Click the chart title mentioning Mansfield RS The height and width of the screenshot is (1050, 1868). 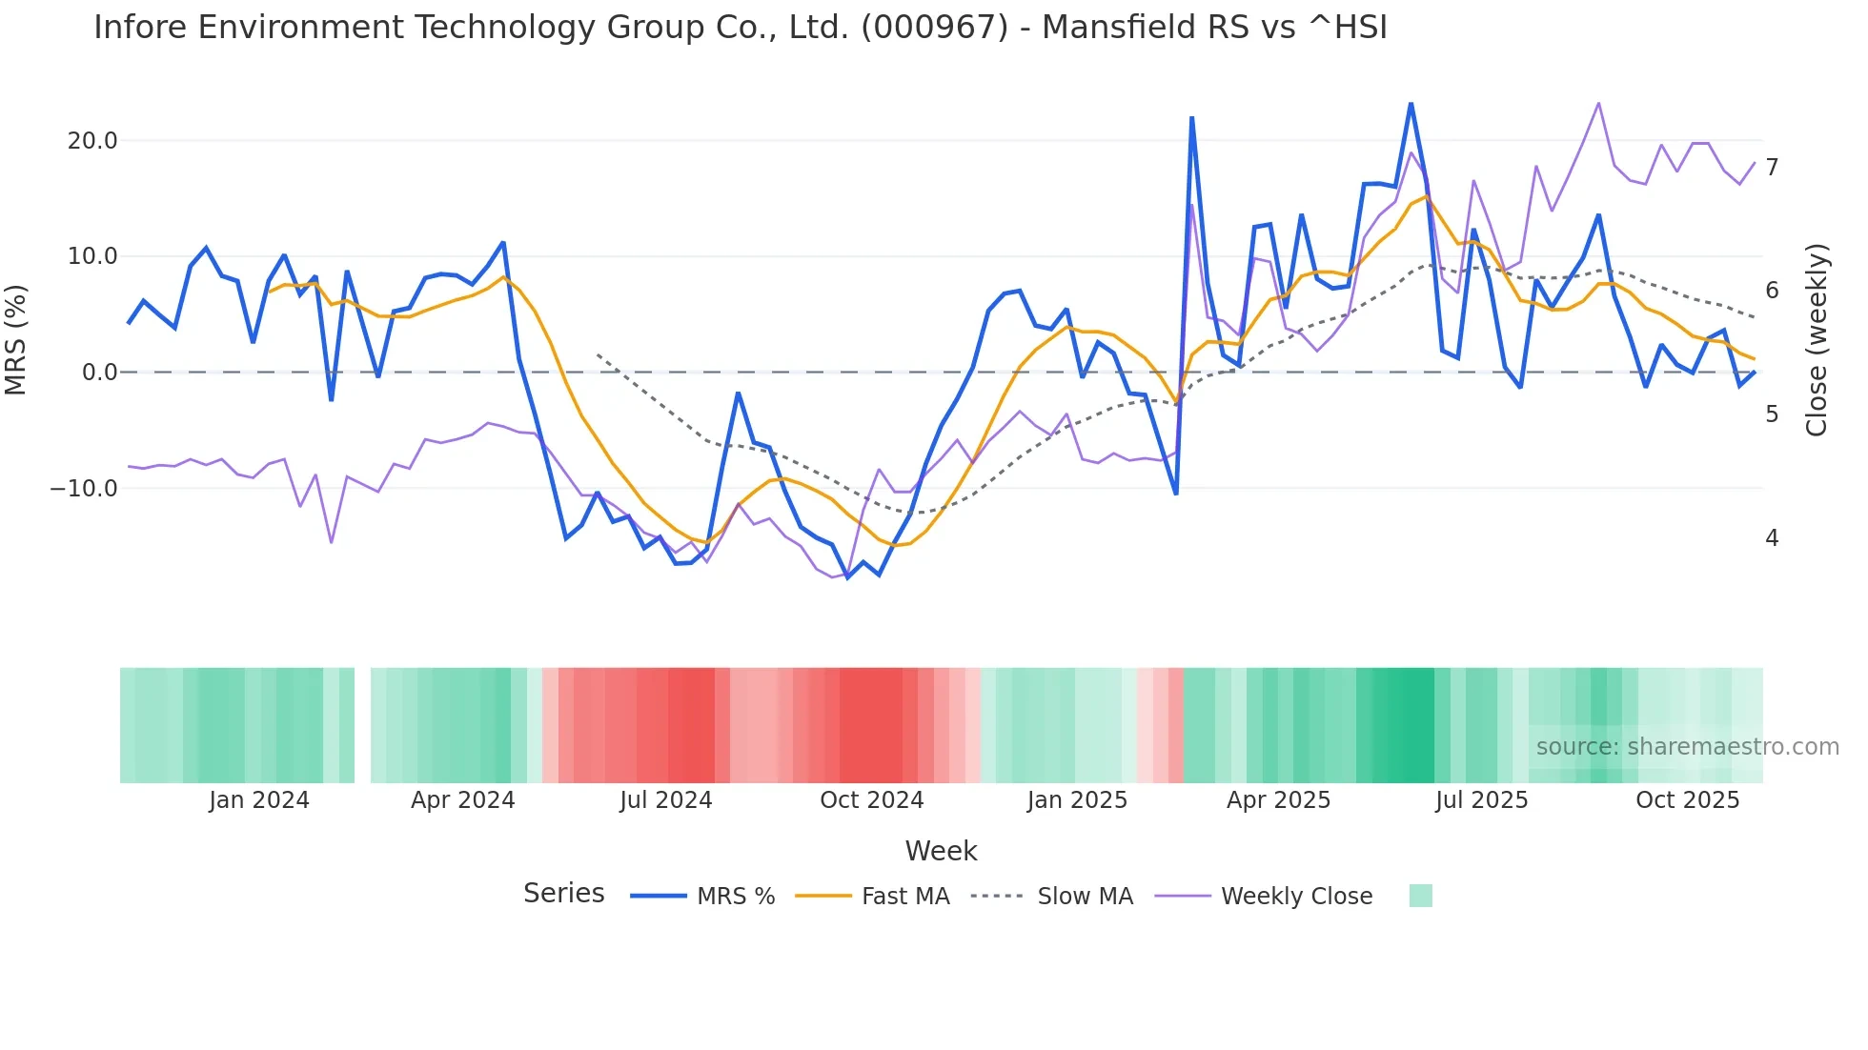[x=740, y=28]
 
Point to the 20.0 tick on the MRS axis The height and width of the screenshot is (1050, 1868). [x=92, y=141]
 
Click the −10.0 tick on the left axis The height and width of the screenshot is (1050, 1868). [x=84, y=489]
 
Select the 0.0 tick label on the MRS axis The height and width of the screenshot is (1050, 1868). [x=99, y=373]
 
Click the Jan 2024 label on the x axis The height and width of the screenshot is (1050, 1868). [x=259, y=800]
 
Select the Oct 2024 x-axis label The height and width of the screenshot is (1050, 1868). [x=871, y=800]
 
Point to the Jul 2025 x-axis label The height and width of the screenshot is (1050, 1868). [x=1481, y=800]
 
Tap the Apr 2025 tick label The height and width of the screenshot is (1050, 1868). [x=1278, y=800]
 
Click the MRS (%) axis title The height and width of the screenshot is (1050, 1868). [x=16, y=339]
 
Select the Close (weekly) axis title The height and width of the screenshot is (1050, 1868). [x=1817, y=340]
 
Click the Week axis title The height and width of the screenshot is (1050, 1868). [x=941, y=851]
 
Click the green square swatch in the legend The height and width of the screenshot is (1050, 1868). [x=1420, y=896]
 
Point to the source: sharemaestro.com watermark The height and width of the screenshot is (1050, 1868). [x=1687, y=747]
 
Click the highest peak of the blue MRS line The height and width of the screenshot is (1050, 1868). [x=1411, y=103]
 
